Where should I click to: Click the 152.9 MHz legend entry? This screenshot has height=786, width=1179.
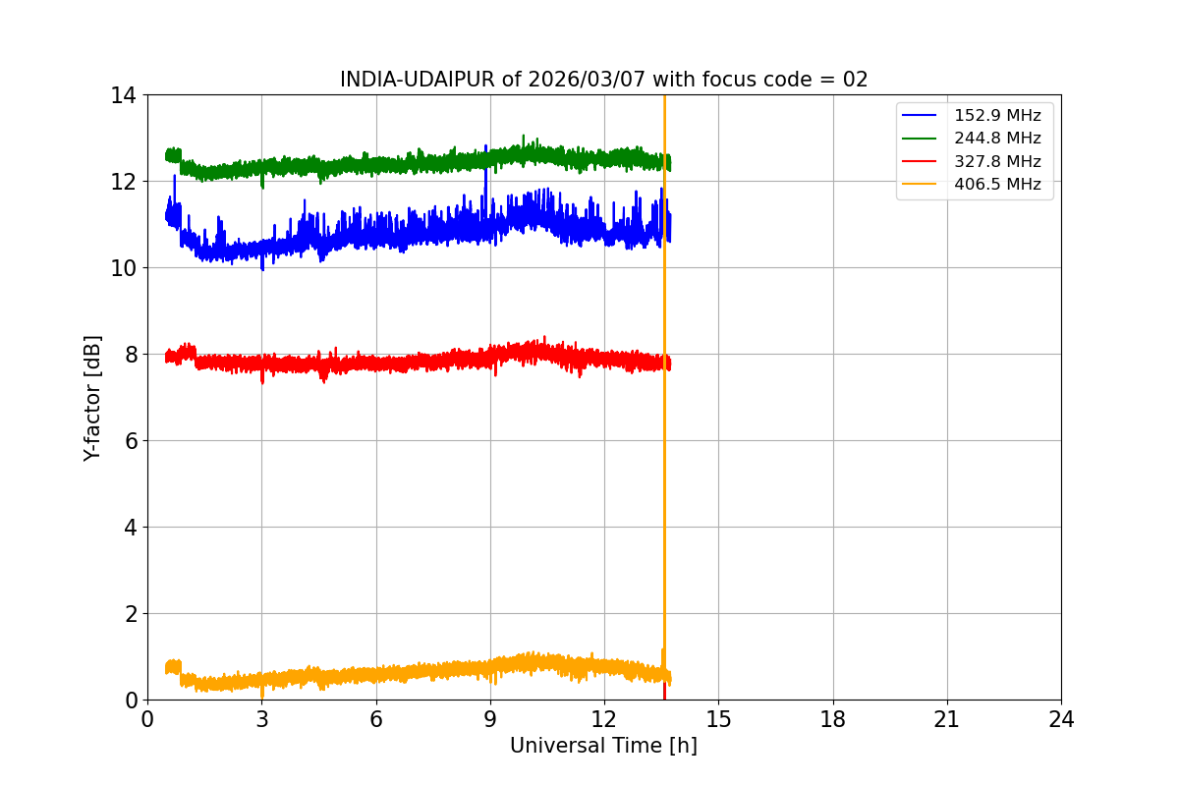coord(997,116)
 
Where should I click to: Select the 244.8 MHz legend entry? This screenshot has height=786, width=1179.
coord(997,139)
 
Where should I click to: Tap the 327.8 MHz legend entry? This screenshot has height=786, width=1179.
coord(997,161)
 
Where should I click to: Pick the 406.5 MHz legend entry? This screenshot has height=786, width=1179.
coord(997,184)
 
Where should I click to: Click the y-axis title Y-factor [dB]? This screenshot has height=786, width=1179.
coord(92,397)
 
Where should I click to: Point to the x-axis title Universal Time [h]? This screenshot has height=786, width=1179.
coord(603,746)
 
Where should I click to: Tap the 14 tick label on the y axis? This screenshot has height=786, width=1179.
coord(124,95)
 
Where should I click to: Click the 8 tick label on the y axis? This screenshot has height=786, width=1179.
coord(130,355)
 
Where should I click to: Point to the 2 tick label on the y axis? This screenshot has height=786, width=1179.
coord(130,614)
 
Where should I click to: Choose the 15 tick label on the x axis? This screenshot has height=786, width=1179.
coord(718,719)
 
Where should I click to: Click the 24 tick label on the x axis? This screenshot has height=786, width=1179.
coord(1061,719)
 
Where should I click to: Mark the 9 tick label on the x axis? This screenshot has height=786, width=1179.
coord(490,719)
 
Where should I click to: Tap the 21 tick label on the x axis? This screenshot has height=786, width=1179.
coord(947,719)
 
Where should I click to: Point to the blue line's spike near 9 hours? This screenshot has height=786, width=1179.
coord(485,177)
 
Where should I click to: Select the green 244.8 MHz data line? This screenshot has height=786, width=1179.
coord(393,164)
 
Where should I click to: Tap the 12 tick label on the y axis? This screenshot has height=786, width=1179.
coord(124,182)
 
